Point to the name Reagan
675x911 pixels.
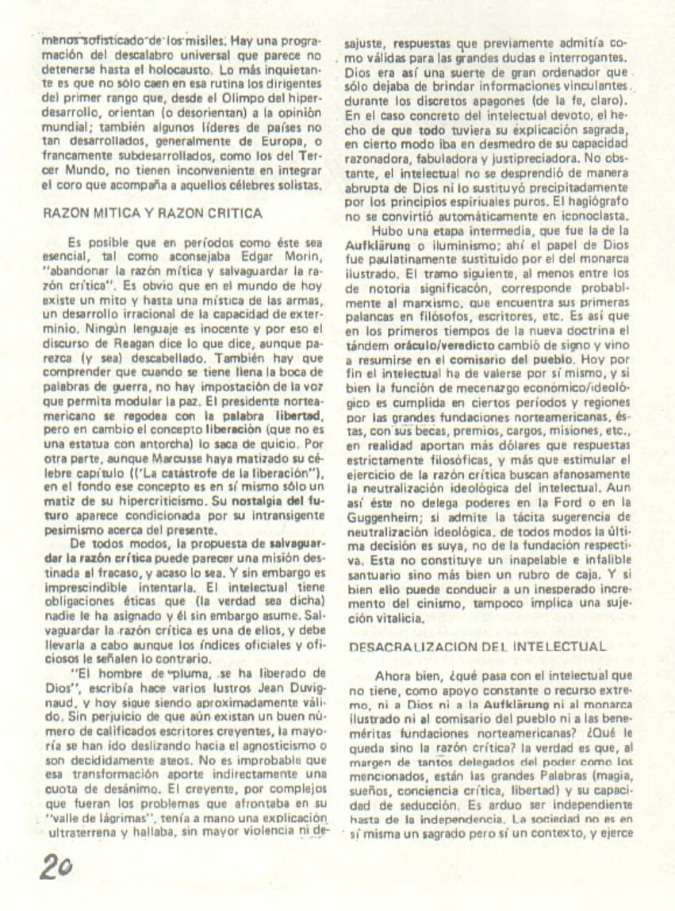(x=120, y=345)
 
